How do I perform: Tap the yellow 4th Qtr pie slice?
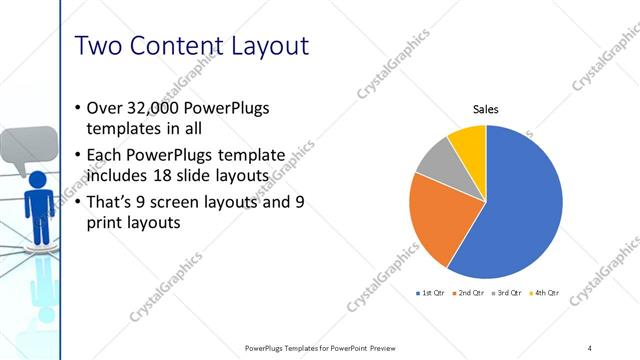pyautogui.click(x=468, y=140)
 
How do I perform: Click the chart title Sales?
pyautogui.click(x=486, y=110)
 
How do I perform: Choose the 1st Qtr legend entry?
pyautogui.click(x=430, y=293)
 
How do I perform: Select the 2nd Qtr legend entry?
pyautogui.click(x=469, y=293)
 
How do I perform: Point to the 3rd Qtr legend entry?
pyautogui.click(x=508, y=293)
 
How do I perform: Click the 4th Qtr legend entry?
pyautogui.click(x=546, y=293)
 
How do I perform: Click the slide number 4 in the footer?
pyautogui.click(x=590, y=347)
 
